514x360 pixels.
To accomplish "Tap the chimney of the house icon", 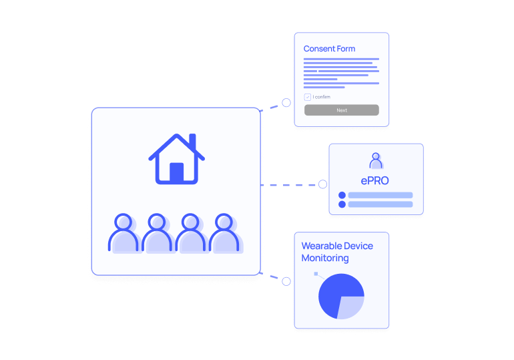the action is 192,142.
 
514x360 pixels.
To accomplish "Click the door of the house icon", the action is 176,173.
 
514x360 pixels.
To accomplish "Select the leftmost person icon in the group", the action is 123,233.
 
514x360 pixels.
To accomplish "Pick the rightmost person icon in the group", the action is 224,233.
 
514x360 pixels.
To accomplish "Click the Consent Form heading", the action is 329,49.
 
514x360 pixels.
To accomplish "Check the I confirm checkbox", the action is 308,97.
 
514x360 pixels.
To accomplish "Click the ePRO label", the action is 374,180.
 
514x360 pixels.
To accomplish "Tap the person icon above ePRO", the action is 376,161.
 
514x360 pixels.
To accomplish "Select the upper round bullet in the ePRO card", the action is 342,195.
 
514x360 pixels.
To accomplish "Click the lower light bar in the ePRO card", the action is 380,204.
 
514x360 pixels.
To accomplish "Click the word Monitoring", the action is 325,258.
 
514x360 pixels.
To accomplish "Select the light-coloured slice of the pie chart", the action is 352,306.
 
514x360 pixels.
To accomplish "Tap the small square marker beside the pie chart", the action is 316,274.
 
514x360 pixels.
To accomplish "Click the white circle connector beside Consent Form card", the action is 286,103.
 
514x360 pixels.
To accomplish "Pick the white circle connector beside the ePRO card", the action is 322,184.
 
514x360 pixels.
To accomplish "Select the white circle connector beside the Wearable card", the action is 286,281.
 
